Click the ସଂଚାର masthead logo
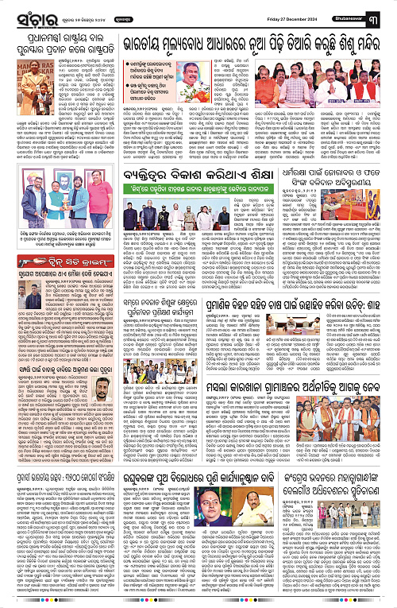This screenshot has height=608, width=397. tap(25, 13)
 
